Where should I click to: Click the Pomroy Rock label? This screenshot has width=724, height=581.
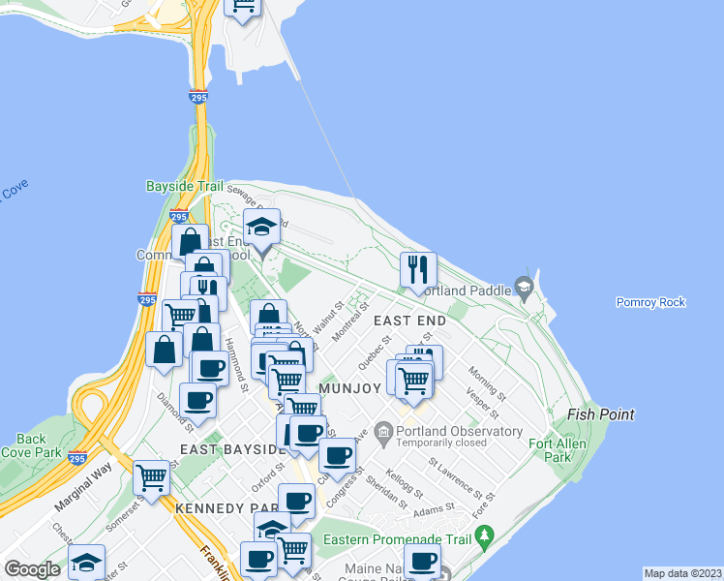(x=650, y=302)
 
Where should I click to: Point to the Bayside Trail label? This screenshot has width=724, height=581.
(x=184, y=186)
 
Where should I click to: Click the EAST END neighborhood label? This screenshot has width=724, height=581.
(x=409, y=321)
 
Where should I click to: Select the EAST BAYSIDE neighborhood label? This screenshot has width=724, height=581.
(x=227, y=450)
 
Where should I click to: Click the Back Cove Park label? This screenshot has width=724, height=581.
(x=31, y=445)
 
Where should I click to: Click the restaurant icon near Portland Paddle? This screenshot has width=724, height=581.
(x=418, y=269)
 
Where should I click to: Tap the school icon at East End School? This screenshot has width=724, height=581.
(x=261, y=229)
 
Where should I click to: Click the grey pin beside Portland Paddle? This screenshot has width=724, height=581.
(x=524, y=287)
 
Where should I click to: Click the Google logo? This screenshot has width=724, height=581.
(x=33, y=569)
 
